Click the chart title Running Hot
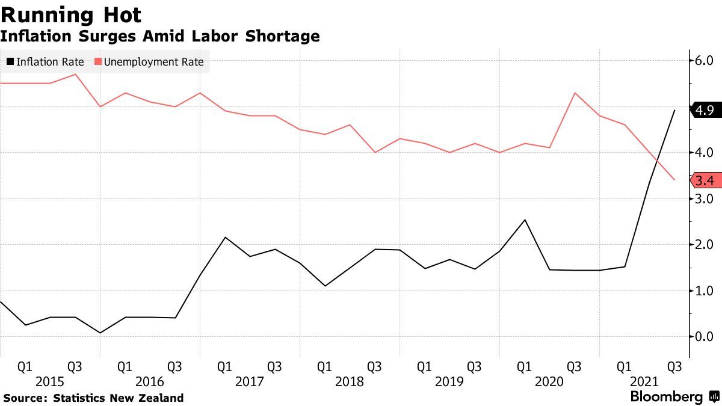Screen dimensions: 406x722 tap(72, 14)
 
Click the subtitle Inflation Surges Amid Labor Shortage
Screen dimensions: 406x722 tap(159, 36)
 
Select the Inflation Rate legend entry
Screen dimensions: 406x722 tap(45, 62)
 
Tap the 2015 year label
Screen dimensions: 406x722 tap(50, 382)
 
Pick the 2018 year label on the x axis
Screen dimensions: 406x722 tap(350, 382)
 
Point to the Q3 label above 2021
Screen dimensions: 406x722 tap(674, 366)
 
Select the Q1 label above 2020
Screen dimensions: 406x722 tap(524, 366)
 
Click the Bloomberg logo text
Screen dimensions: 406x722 tap(666, 397)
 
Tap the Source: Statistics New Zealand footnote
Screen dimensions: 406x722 tap(93, 398)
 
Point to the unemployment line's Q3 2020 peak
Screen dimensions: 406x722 tap(575, 93)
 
